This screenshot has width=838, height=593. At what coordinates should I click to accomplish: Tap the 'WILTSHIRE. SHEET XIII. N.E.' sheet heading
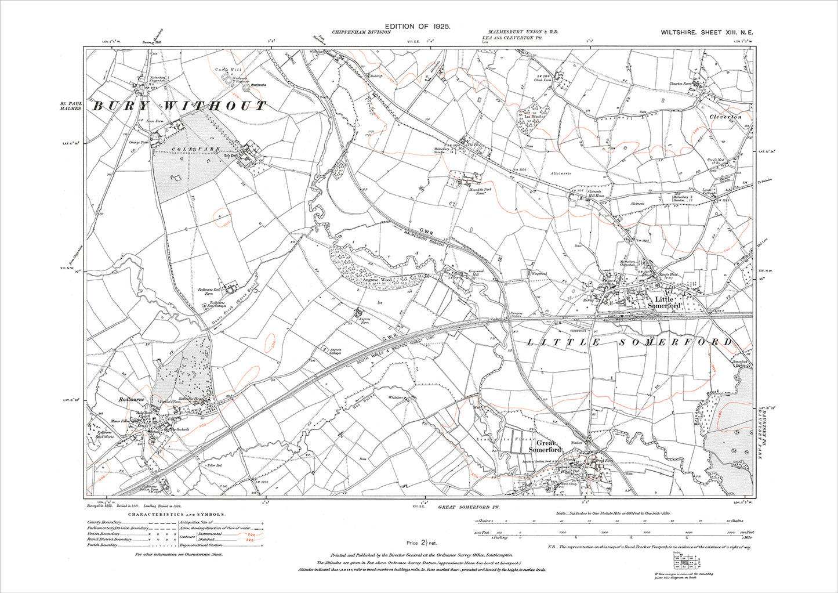tap(706, 32)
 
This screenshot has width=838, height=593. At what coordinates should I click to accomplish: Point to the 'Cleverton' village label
tap(725, 117)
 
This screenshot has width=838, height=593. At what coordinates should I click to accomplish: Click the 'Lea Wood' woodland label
tap(532, 117)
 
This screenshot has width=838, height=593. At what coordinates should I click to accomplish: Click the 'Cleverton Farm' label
tap(681, 84)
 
